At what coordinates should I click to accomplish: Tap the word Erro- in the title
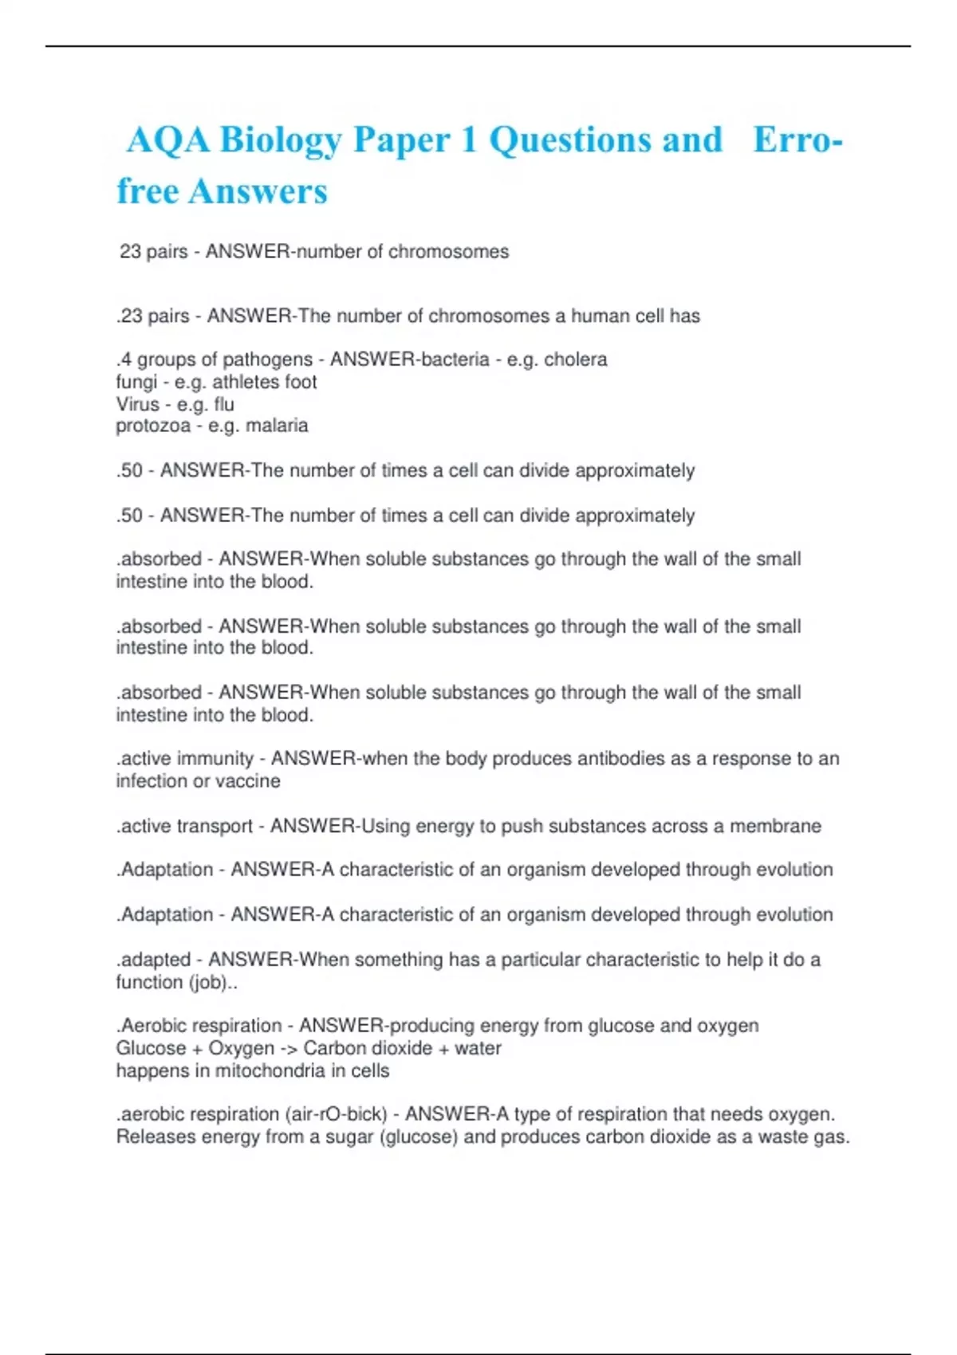pyautogui.click(x=797, y=140)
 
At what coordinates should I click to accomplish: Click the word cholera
pyautogui.click(x=575, y=359)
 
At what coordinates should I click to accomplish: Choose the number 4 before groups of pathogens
pyautogui.click(x=126, y=359)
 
